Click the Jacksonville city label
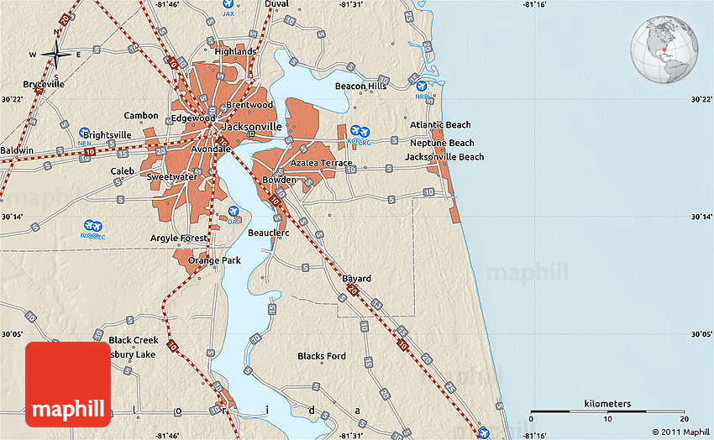pos(251,126)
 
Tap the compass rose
pos(56,55)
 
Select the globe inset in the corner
pos(665,49)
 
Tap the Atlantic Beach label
pos(440,125)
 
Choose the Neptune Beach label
pos(442,143)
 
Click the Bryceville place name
pos(44,85)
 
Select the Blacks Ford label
pos(322,356)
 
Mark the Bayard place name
pos(356,279)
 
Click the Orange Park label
pos(214,260)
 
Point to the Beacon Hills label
pos(360,86)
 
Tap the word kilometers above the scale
pos(607,404)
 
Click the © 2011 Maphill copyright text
pos(680,432)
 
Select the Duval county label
pos(276,4)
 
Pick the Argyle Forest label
pos(178,238)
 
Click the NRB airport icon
pos(421,86)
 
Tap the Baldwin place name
pos(17,150)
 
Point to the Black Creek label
pos(134,340)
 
